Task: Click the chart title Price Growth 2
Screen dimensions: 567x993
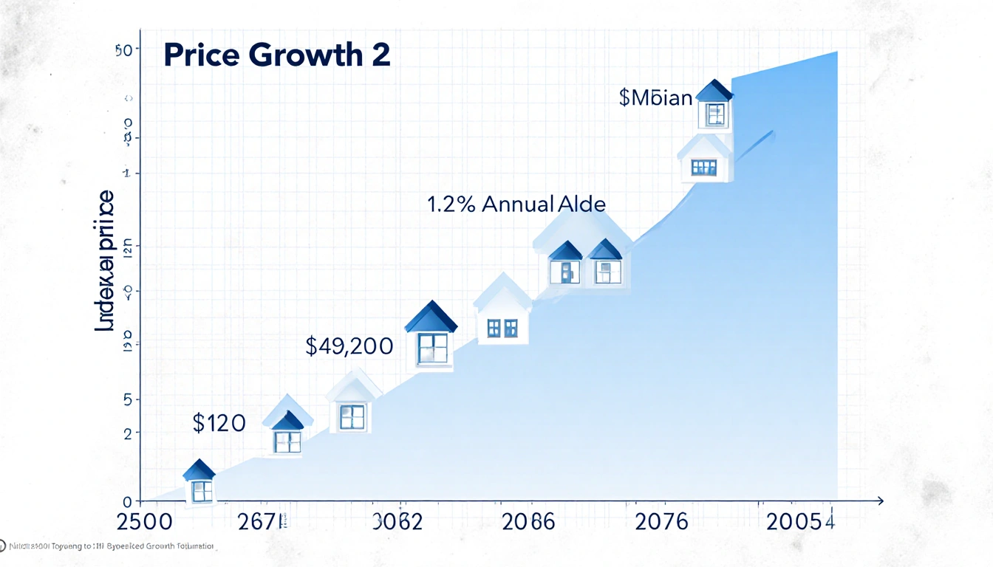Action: point(276,56)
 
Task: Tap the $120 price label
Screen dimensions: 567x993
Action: point(219,423)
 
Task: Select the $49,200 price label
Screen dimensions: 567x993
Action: point(349,346)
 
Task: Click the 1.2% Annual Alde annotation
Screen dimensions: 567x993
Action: point(516,205)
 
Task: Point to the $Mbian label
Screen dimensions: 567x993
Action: point(655,97)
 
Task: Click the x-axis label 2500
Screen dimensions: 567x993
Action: point(145,522)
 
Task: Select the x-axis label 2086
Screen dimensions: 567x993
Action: point(528,522)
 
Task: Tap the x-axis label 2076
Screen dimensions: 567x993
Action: point(662,522)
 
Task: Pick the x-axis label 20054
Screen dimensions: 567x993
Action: point(801,522)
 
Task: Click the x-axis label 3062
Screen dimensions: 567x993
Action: point(397,522)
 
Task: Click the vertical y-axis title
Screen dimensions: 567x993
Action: point(106,260)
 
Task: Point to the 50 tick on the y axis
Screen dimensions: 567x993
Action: point(123,50)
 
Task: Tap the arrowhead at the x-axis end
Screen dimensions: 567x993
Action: point(879,501)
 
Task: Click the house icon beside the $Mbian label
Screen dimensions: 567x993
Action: point(714,104)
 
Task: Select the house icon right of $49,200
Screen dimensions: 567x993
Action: point(431,336)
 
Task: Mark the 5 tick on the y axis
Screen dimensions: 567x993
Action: point(127,399)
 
